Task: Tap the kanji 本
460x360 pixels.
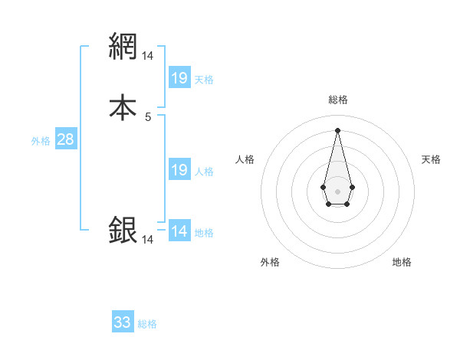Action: (123, 107)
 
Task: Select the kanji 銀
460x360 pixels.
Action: (123, 231)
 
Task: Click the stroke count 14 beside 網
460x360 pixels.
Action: (148, 56)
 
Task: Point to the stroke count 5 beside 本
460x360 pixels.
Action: (148, 117)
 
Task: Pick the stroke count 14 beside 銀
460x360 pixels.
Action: (148, 240)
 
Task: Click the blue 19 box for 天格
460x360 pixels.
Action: (179, 77)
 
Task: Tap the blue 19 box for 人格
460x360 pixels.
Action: (179, 170)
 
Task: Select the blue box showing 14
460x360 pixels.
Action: (179, 231)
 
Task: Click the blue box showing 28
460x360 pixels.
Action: (65, 139)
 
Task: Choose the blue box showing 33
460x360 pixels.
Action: (123, 322)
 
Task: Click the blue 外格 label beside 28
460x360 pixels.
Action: (41, 141)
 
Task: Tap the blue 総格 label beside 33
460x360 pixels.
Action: (147, 324)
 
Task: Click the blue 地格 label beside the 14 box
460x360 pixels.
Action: (204, 233)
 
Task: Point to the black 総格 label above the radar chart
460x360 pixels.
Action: (338, 100)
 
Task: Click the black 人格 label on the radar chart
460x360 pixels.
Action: (245, 159)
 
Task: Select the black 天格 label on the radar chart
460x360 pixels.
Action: (431, 159)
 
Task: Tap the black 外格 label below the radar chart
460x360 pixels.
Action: (270, 263)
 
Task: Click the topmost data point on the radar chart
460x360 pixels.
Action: (337, 130)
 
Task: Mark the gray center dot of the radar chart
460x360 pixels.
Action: (337, 190)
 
